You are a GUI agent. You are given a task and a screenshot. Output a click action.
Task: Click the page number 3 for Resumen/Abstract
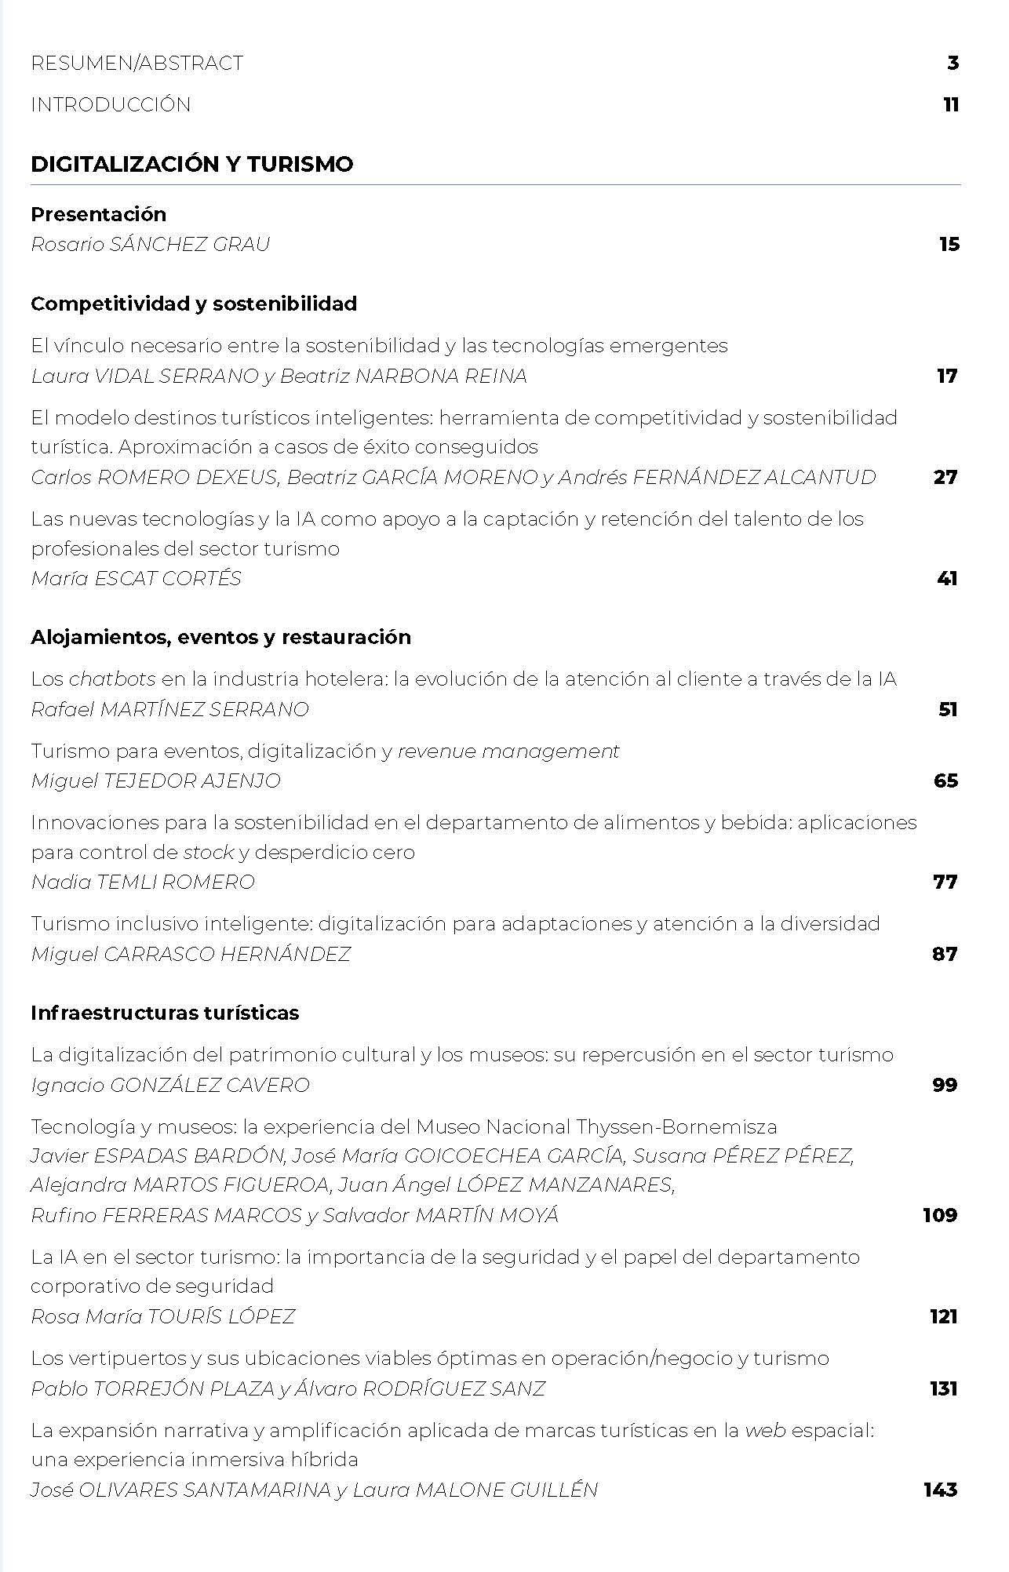click(953, 64)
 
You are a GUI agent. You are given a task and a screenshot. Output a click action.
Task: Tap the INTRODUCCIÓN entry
click(111, 105)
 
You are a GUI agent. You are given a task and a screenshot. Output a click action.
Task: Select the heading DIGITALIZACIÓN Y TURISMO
click(191, 164)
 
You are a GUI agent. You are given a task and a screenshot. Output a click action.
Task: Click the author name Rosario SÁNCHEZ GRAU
click(150, 245)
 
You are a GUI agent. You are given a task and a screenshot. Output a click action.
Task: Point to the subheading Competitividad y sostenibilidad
click(194, 304)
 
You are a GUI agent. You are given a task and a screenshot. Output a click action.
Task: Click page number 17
click(947, 377)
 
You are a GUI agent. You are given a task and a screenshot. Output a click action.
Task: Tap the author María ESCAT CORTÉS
click(136, 579)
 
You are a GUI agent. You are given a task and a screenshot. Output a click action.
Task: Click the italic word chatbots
click(112, 679)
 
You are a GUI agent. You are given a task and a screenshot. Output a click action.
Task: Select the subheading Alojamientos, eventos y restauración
click(220, 637)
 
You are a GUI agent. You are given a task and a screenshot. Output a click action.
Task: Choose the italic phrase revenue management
click(508, 751)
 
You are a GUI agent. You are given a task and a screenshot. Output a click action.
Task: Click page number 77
click(945, 882)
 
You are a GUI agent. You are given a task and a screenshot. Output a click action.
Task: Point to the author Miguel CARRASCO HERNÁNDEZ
click(191, 955)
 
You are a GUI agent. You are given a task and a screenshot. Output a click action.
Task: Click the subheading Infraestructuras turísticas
click(165, 1013)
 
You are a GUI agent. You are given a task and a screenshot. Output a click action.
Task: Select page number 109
click(940, 1215)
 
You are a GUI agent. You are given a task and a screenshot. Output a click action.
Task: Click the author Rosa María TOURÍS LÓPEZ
click(162, 1316)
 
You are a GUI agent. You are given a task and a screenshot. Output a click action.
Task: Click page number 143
click(940, 1490)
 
